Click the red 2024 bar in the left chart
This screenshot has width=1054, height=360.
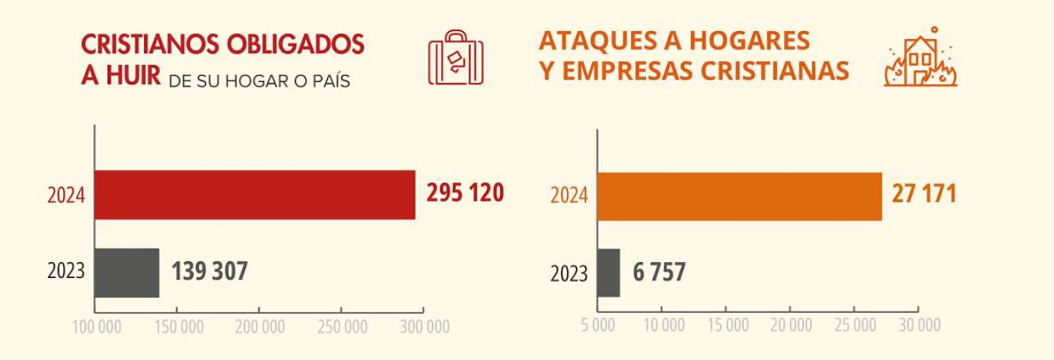pyautogui.click(x=255, y=195)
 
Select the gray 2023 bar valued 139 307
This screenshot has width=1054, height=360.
pyautogui.click(x=127, y=273)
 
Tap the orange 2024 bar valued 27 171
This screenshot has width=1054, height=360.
pyautogui.click(x=739, y=196)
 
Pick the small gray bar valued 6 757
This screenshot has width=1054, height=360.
pyautogui.click(x=609, y=273)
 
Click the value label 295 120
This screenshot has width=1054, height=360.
pyautogui.click(x=465, y=193)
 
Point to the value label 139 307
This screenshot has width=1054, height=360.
pyautogui.click(x=210, y=272)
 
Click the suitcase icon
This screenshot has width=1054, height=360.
pyautogui.click(x=456, y=58)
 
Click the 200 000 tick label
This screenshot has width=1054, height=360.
pyautogui.click(x=260, y=327)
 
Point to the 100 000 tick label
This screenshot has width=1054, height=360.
pyautogui.click(x=97, y=327)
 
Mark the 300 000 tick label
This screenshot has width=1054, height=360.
pyautogui.click(x=424, y=327)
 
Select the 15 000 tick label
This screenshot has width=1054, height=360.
pyautogui.click(x=728, y=325)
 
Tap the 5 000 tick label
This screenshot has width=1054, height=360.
pyautogui.click(x=598, y=325)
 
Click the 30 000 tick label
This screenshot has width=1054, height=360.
pyautogui.click(x=920, y=325)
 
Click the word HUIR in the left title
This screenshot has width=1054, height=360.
pyautogui.click(x=133, y=75)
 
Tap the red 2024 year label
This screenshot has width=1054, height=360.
pyautogui.click(x=66, y=196)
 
